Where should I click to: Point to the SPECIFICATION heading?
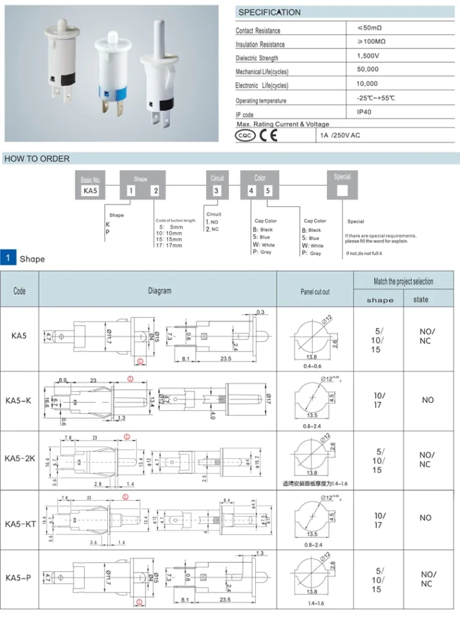pyautogui.click(x=269, y=12)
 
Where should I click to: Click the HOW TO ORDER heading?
pyautogui.click(x=37, y=158)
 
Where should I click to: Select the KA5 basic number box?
pyautogui.click(x=90, y=190)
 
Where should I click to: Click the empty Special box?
pyautogui.click(x=342, y=190)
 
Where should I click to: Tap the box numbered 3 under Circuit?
pyautogui.click(x=216, y=190)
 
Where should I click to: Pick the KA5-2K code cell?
pyautogui.click(x=20, y=459)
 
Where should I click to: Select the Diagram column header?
pyautogui.click(x=160, y=291)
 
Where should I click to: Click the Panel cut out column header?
pyautogui.click(x=315, y=292)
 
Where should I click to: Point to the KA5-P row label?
pyautogui.click(x=19, y=577)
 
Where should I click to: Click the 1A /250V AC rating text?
pyautogui.click(x=341, y=136)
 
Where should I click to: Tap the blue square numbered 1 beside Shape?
pyautogui.click(x=8, y=258)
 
